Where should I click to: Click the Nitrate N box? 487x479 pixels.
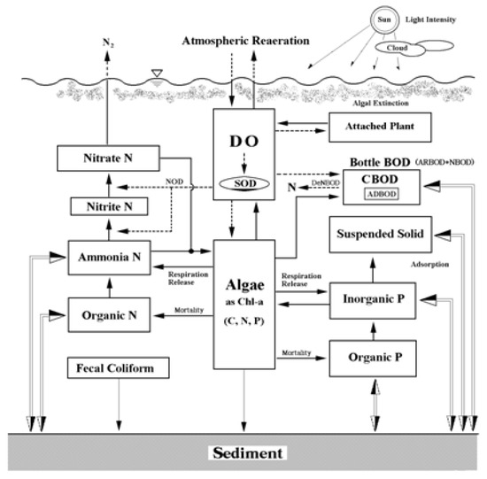pyautogui.click(x=107, y=159)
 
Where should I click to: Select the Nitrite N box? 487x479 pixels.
pyautogui.click(x=107, y=207)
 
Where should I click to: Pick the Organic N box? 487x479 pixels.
pyautogui.click(x=107, y=312)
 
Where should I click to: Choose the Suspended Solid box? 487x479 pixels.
pyautogui.click(x=385, y=235)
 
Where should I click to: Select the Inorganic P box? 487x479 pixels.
pyautogui.click(x=385, y=300)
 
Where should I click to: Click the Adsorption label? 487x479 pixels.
pyautogui.click(x=409, y=264)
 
